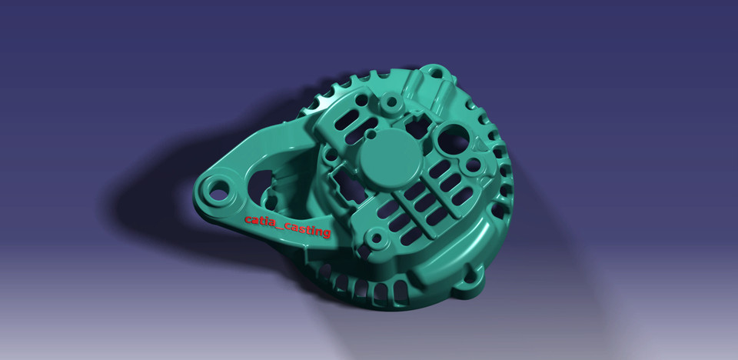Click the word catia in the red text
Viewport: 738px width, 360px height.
click(259, 222)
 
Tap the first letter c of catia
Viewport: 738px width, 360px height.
click(248, 220)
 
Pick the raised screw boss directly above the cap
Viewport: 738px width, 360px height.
click(392, 101)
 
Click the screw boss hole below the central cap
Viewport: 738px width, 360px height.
click(376, 238)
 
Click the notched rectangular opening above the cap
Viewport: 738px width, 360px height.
click(416, 122)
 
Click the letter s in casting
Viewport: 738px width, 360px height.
click(301, 229)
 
